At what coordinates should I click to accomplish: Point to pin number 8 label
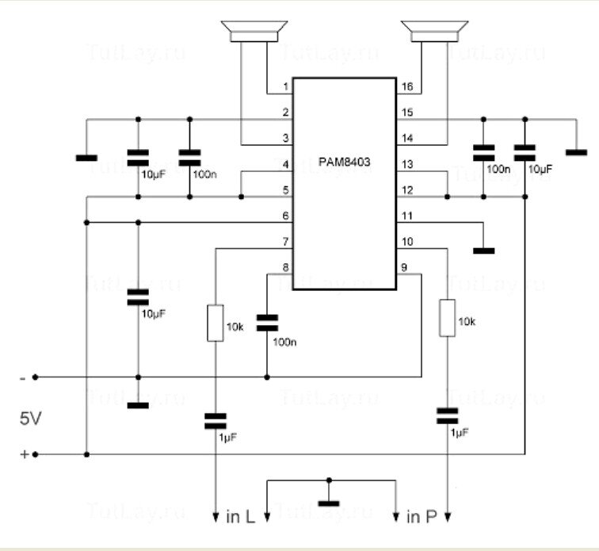(284, 268)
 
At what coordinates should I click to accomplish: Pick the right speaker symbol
(431, 31)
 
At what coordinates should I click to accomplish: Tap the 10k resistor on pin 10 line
(448, 317)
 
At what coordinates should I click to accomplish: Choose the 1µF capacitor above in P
(448, 415)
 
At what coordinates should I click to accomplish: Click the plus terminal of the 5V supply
(34, 454)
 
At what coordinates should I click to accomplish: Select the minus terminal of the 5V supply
(34, 377)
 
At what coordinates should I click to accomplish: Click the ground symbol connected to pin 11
(483, 251)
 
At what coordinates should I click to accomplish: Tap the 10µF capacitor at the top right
(524, 150)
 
